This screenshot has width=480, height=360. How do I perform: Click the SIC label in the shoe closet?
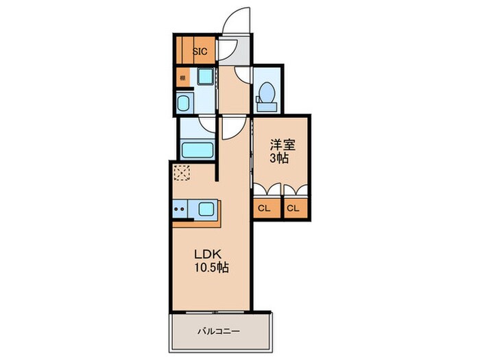(x=200, y=50)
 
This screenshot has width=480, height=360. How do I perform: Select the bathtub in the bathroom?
(x=198, y=148)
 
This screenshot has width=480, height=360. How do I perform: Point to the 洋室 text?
(x=283, y=145)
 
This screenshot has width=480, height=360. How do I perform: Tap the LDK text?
(x=204, y=252)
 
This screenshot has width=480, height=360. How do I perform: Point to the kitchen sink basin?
(x=207, y=208)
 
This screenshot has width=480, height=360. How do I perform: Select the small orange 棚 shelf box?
(x=182, y=77)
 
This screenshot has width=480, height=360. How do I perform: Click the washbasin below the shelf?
(x=184, y=104)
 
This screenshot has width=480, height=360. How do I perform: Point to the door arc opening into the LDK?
(x=230, y=125)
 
